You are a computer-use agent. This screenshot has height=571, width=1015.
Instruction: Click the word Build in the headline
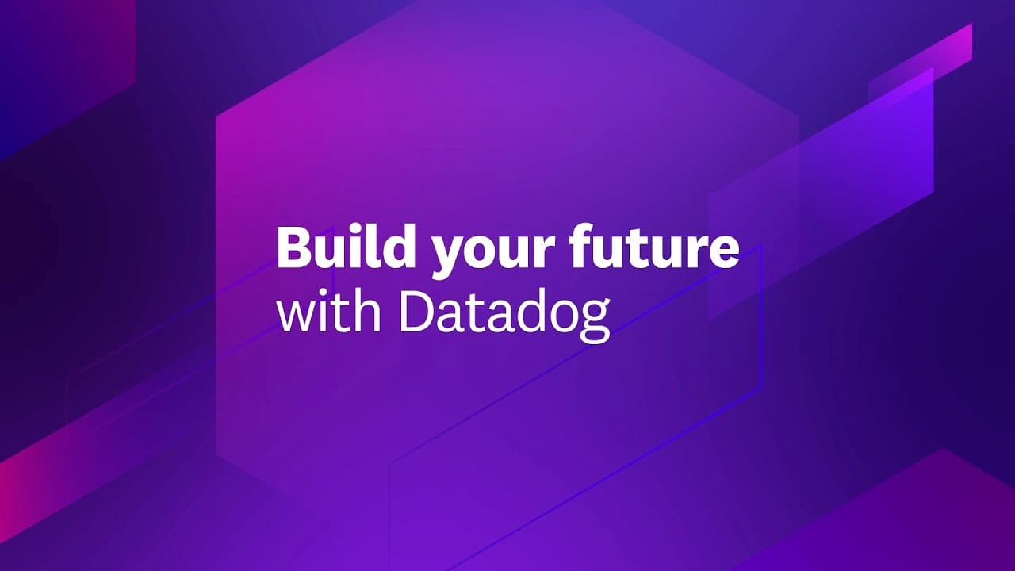click(x=347, y=247)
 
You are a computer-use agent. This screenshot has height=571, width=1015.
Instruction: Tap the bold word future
click(x=654, y=247)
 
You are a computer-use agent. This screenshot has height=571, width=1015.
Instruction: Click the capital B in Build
click(x=294, y=247)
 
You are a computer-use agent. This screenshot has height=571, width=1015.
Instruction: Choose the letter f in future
click(x=581, y=246)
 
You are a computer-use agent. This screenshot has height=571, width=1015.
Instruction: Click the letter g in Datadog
click(x=596, y=322)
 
